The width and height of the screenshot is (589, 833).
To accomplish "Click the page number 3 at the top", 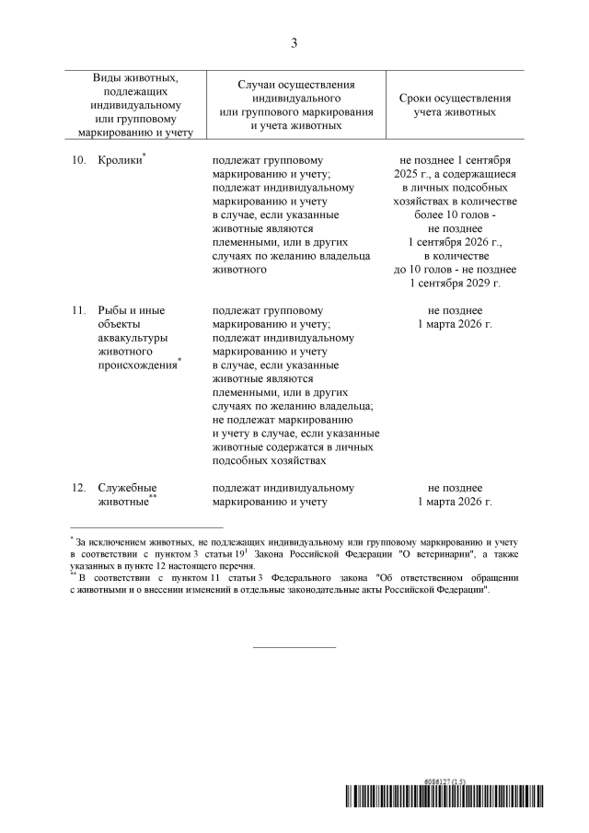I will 294,42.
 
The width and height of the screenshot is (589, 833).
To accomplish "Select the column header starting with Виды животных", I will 135,105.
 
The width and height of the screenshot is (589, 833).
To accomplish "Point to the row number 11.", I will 78,310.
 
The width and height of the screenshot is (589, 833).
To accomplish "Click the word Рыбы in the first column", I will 113,310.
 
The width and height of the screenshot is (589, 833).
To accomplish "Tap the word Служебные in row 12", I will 127,488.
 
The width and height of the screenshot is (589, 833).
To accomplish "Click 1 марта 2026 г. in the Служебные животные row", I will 455,502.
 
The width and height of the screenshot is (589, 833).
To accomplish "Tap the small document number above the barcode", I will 445,780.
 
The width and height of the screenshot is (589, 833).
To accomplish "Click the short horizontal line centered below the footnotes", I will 294,646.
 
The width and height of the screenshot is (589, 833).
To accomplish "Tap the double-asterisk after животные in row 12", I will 154,497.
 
